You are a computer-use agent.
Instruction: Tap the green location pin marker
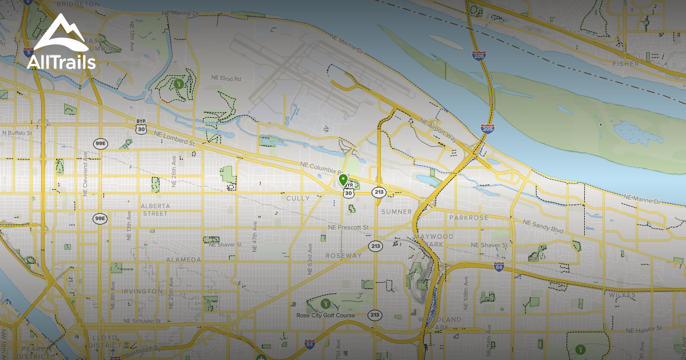pos(344,181)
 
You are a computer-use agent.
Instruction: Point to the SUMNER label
pos(396,211)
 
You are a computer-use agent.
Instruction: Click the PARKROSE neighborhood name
pos(468,218)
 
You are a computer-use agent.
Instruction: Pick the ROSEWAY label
pos(344,255)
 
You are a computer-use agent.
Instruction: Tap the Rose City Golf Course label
pos(325,315)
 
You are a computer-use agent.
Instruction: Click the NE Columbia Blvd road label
pos(324,169)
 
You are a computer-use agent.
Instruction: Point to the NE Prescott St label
pos(349,227)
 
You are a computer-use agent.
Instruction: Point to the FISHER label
pos(625,64)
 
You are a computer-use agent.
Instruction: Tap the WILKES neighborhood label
pos(622,295)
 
